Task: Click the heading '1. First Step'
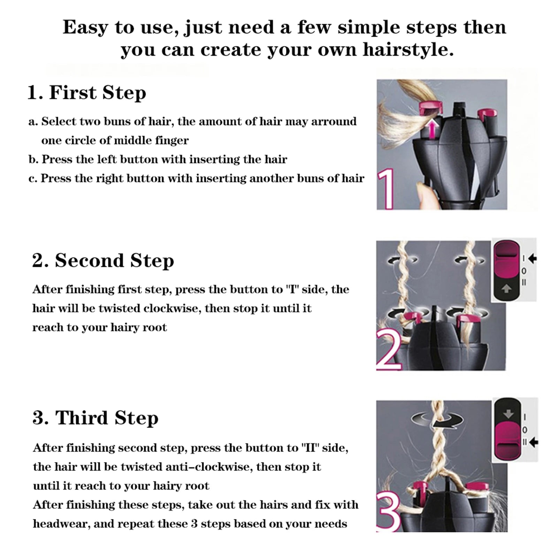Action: click(87, 92)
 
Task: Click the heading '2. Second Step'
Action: click(103, 261)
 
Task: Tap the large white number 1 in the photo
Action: click(386, 189)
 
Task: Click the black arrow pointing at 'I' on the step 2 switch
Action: click(532, 258)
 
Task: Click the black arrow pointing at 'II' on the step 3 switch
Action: click(533, 443)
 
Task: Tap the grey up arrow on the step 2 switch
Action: click(506, 289)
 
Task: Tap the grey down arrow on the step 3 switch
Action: click(509, 414)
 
